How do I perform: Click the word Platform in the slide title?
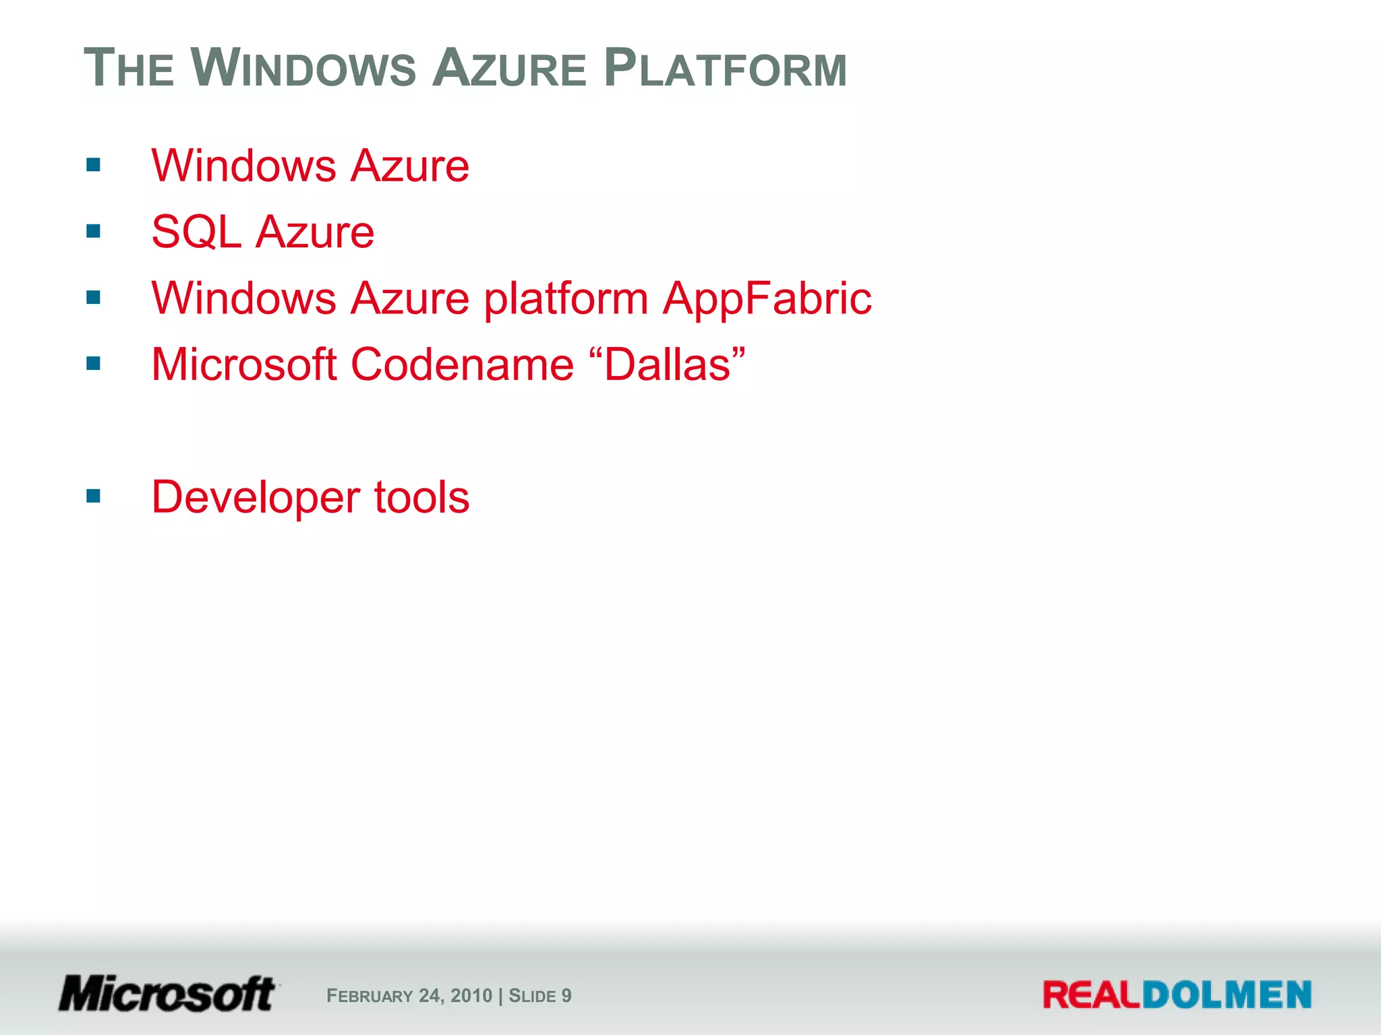coord(725,69)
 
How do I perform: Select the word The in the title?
coord(129,69)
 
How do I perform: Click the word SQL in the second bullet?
coord(196,232)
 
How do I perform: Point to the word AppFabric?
coord(767,298)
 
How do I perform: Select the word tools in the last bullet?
coord(421,497)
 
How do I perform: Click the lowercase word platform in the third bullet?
coord(566,299)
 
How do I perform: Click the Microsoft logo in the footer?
coord(168,995)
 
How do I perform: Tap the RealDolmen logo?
coord(1177,995)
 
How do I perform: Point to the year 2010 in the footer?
coord(471,996)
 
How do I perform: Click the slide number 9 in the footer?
coord(566,996)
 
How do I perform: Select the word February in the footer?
coord(370,996)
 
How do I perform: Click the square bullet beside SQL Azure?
coord(94,232)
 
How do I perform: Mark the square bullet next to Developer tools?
coord(94,497)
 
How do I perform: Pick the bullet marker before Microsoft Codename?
coord(94,364)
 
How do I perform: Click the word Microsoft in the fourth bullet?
coord(244,365)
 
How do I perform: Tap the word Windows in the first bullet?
coord(243,166)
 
